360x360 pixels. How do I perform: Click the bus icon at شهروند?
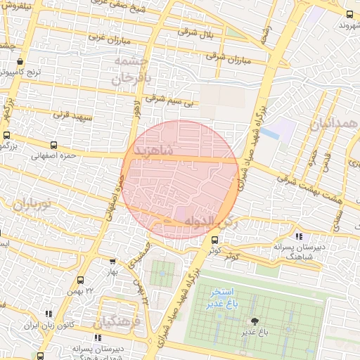(349, 14)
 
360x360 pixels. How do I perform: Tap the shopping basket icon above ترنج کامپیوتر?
(20, 61)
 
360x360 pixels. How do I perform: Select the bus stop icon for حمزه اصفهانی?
(7, 136)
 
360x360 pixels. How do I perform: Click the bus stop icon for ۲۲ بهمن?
(80, 281)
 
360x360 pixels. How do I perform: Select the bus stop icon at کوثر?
(215, 239)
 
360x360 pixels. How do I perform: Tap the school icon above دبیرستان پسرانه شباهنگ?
(300, 236)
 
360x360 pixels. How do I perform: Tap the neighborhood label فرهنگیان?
(116, 322)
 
